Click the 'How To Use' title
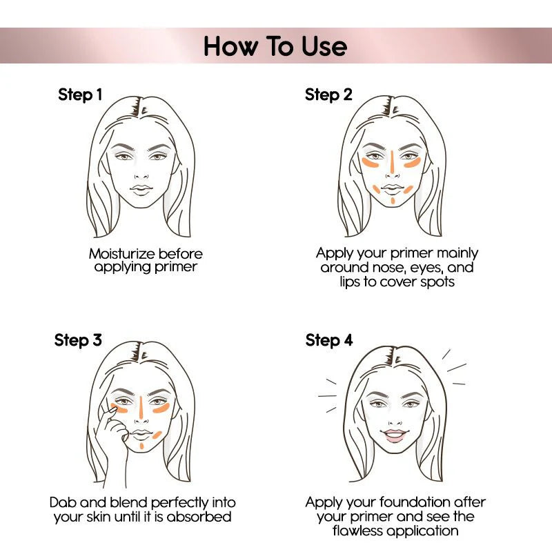275,46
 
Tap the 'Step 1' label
80,95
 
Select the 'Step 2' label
328,95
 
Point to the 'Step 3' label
78,340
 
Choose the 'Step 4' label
328,340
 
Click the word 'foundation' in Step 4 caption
408,502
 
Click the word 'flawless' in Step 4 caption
361,531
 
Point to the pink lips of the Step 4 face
395,435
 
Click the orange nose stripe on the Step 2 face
392,161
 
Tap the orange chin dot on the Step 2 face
392,201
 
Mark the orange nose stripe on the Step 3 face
141,407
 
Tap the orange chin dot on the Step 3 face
141,446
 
